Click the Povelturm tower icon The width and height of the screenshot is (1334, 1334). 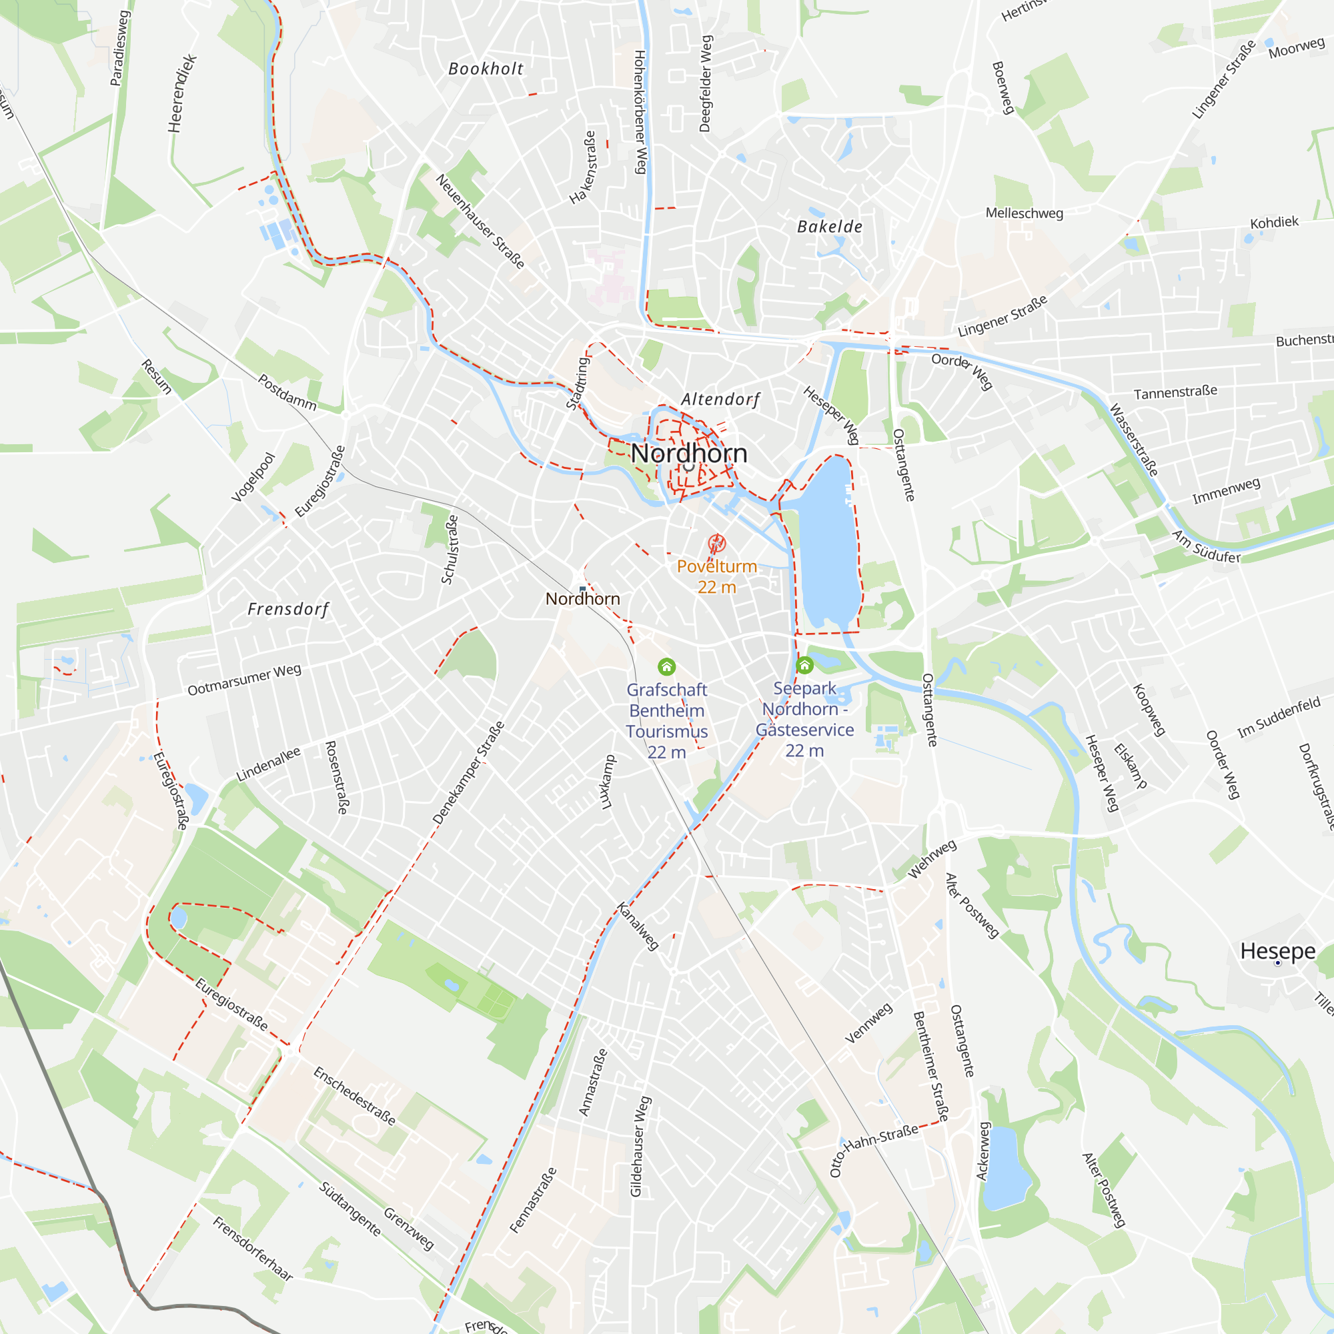pos(717,544)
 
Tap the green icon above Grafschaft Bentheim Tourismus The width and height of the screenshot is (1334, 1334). pos(666,666)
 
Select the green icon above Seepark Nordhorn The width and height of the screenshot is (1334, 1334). pos(804,665)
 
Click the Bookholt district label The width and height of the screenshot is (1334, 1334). pos(486,69)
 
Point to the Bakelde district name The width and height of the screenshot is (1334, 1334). pos(829,227)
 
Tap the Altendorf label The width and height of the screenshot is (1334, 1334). pos(720,399)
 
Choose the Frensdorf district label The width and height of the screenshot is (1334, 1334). pos(288,609)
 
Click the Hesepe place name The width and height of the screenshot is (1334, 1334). pos(1277,950)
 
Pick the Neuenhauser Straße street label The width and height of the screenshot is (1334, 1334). pos(480,221)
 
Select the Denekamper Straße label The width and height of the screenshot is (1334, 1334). pos(468,772)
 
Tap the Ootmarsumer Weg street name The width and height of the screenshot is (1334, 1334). pos(244,680)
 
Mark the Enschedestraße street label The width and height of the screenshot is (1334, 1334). pos(354,1096)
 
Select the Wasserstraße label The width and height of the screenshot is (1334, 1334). pos(1133,440)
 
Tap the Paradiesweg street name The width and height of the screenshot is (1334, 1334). pos(119,48)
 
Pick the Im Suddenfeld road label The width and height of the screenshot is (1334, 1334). pos(1279,717)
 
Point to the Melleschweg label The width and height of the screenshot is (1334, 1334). pos(1024,213)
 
